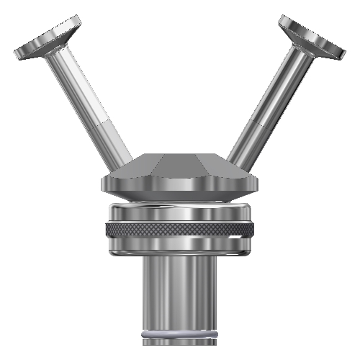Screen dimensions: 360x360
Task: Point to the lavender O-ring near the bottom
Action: tap(180, 335)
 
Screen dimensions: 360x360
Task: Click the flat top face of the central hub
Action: tap(180, 158)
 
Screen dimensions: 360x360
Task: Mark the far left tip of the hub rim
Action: tap(104, 184)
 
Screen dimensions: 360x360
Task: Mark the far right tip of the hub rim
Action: tap(256, 184)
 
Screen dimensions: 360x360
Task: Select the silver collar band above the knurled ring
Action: tap(180, 214)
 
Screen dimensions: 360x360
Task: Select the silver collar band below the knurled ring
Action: tap(180, 246)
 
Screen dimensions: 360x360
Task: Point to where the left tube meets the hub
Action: tap(129, 160)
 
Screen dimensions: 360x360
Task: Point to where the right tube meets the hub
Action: tap(232, 158)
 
